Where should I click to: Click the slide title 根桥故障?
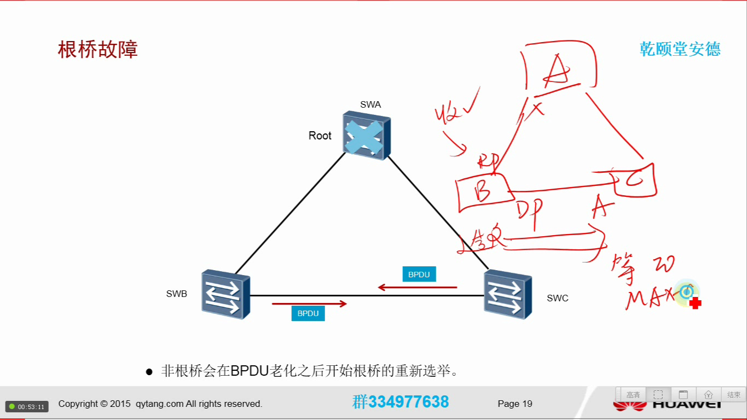[x=98, y=50]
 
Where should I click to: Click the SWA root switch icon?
[x=366, y=135]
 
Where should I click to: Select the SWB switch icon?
[x=225, y=294]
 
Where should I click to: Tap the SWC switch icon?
[x=507, y=294]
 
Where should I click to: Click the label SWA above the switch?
[x=370, y=104]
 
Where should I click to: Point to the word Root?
[x=320, y=136]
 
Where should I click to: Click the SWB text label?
[x=177, y=294]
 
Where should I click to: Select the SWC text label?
[x=558, y=298]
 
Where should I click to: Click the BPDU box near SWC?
[x=419, y=275]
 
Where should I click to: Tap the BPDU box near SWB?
[x=308, y=313]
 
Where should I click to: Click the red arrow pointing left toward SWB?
[x=418, y=287]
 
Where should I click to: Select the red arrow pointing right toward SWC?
[x=310, y=304]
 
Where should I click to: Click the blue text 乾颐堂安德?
[x=680, y=49]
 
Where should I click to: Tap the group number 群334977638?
[x=401, y=402]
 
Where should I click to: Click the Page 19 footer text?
[x=515, y=404]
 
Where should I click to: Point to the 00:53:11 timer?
[x=27, y=407]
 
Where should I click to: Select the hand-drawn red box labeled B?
[x=483, y=191]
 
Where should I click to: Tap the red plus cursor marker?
[x=696, y=304]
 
